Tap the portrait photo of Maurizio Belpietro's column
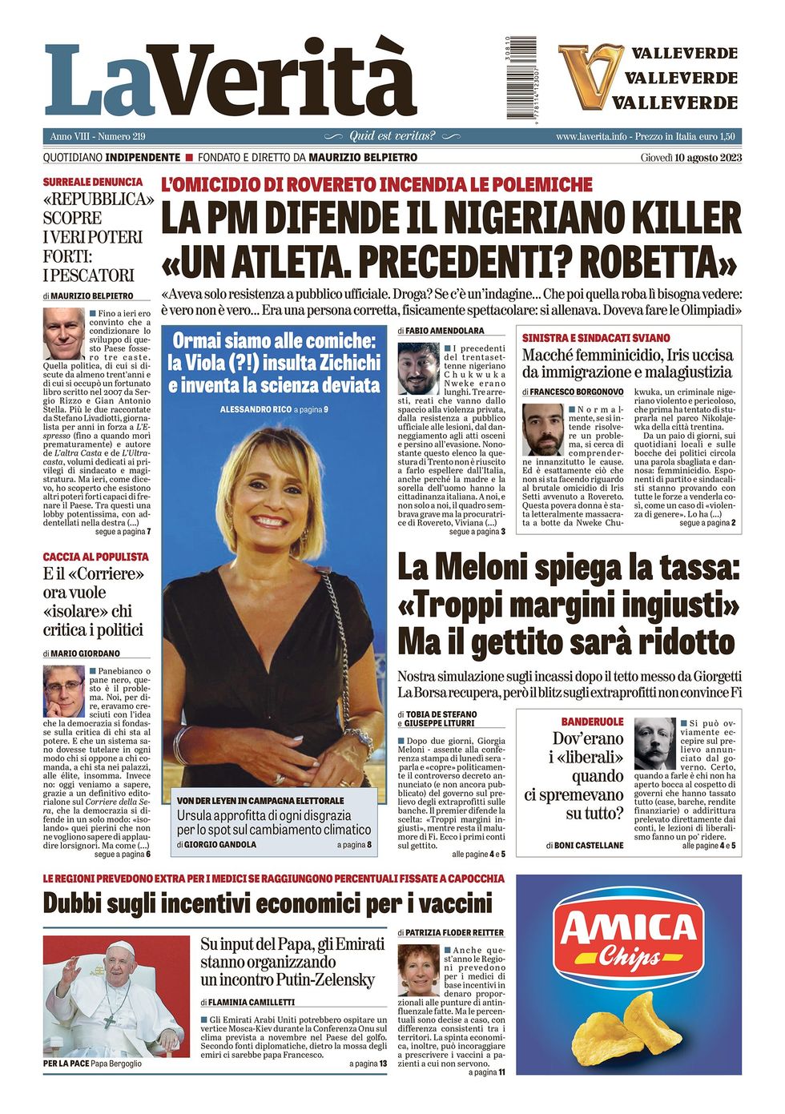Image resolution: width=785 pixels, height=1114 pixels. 64,333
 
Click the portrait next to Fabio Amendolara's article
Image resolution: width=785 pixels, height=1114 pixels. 418,368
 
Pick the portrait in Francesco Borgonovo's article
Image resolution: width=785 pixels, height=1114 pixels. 542,429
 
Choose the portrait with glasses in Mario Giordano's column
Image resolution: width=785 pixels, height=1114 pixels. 64,691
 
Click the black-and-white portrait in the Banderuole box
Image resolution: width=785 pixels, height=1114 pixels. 654,744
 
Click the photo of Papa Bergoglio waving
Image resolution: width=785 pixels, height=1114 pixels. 116,996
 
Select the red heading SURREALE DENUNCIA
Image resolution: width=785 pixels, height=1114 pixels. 93,182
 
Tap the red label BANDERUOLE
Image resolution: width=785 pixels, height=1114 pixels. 592,722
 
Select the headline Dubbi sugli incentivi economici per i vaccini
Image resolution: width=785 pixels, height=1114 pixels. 267,903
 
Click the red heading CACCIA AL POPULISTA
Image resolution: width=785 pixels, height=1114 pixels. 95,556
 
